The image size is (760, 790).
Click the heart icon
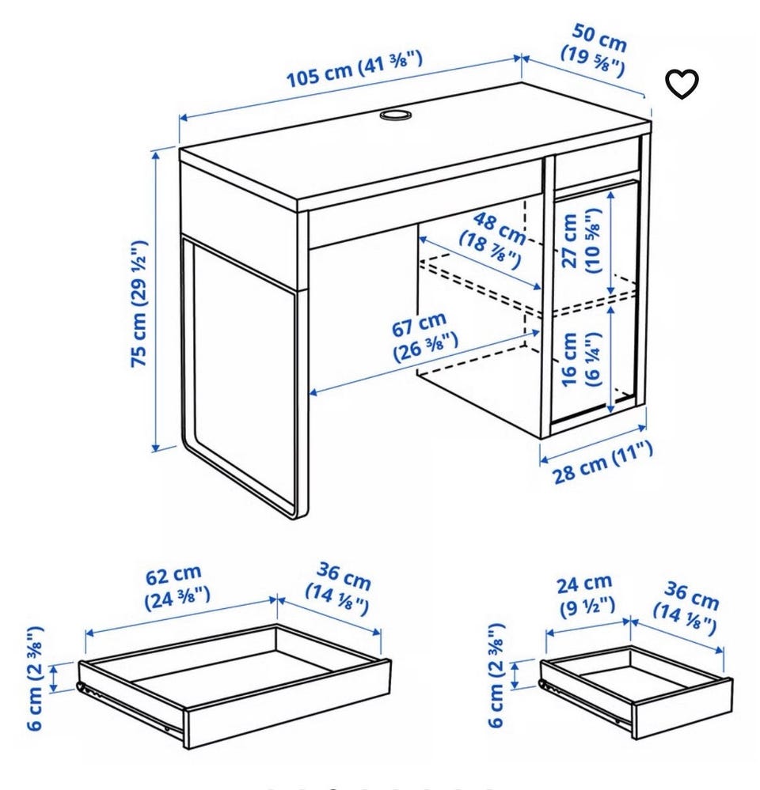click(682, 84)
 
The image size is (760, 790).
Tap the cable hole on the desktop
click(396, 115)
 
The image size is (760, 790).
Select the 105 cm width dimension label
click(354, 69)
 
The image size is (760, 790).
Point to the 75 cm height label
click(139, 304)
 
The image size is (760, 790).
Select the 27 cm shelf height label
click(580, 241)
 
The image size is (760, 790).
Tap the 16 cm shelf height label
click(580, 359)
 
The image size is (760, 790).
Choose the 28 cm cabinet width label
click(602, 462)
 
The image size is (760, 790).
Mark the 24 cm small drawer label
click(586, 595)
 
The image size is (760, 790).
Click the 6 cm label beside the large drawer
click(36, 678)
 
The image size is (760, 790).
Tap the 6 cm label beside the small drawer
click(496, 675)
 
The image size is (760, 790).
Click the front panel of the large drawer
click(287, 705)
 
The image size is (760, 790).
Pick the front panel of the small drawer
click(682, 709)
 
